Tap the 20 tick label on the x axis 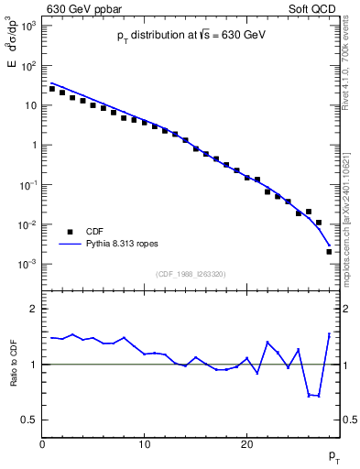(246, 444)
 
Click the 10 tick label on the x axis (144, 444)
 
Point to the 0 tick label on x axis (42, 444)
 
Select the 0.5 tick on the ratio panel (28, 420)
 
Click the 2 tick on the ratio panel (32, 309)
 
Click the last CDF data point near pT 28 (329, 251)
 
